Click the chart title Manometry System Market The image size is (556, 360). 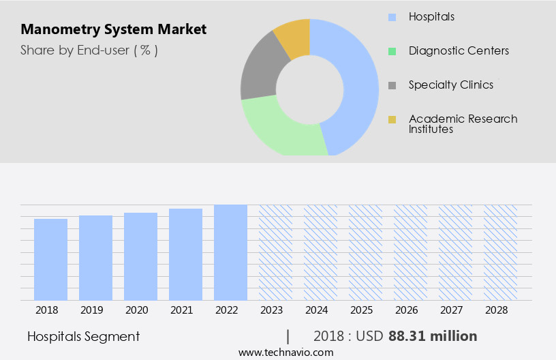pos(113,30)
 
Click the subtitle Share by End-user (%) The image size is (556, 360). pos(89,50)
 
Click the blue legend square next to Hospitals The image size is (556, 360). pos(392,16)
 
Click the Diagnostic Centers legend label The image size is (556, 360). pos(459,50)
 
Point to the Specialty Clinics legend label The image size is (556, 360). pos(451,85)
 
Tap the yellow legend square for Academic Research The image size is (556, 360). pos(392,120)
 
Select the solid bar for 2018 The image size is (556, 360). pos(51,259)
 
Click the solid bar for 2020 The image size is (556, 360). pos(141,256)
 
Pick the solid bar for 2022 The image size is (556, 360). pos(230,252)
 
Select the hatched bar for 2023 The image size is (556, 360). pos(275,252)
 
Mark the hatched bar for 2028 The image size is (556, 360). pos(501,252)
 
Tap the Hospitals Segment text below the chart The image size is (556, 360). pos(84,336)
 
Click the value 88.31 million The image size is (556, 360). pos(433,336)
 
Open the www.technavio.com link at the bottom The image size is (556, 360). pos(285,352)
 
